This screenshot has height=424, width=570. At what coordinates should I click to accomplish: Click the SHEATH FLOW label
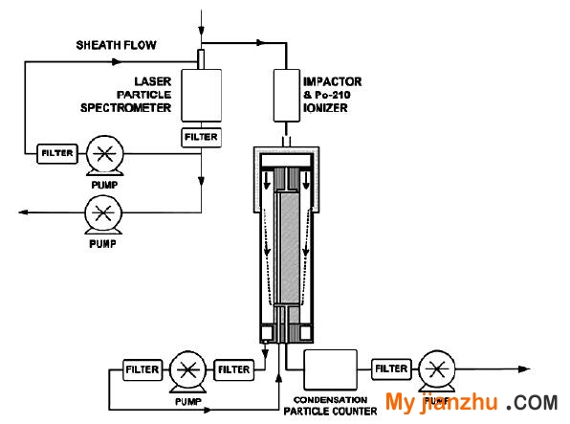(117, 45)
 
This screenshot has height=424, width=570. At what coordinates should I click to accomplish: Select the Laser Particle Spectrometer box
(202, 96)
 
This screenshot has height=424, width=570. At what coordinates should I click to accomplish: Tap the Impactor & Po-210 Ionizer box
(287, 96)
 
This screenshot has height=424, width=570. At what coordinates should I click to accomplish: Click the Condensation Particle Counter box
(331, 369)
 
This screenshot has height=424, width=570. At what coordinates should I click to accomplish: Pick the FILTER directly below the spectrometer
(202, 137)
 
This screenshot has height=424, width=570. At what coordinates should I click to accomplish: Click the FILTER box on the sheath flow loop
(57, 153)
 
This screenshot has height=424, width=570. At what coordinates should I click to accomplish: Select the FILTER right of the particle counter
(391, 369)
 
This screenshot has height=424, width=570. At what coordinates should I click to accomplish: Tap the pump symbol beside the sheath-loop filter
(104, 155)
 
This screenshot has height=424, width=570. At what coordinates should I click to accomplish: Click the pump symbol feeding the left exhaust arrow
(103, 214)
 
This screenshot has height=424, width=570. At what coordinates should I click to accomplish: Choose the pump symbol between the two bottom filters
(188, 371)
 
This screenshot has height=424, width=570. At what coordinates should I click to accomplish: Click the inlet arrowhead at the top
(201, 31)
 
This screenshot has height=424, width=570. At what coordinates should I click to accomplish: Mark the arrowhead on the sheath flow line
(117, 62)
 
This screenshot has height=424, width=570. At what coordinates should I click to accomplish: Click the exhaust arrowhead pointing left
(23, 212)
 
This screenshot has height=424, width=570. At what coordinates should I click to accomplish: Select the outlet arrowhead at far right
(524, 369)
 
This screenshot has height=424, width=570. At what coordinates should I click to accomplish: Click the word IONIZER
(325, 108)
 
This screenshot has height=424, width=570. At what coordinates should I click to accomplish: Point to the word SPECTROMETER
(126, 108)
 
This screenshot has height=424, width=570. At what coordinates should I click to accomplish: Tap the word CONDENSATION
(330, 400)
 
